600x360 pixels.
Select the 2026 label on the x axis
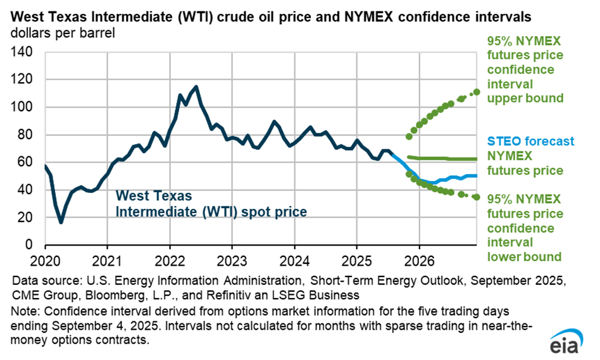[418, 259]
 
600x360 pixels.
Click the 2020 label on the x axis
[45, 259]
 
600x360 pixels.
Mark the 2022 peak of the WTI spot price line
[196, 87]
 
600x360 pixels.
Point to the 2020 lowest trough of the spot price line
[61, 222]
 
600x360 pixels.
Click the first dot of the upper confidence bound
[409, 136]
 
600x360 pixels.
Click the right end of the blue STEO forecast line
[476, 176]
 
